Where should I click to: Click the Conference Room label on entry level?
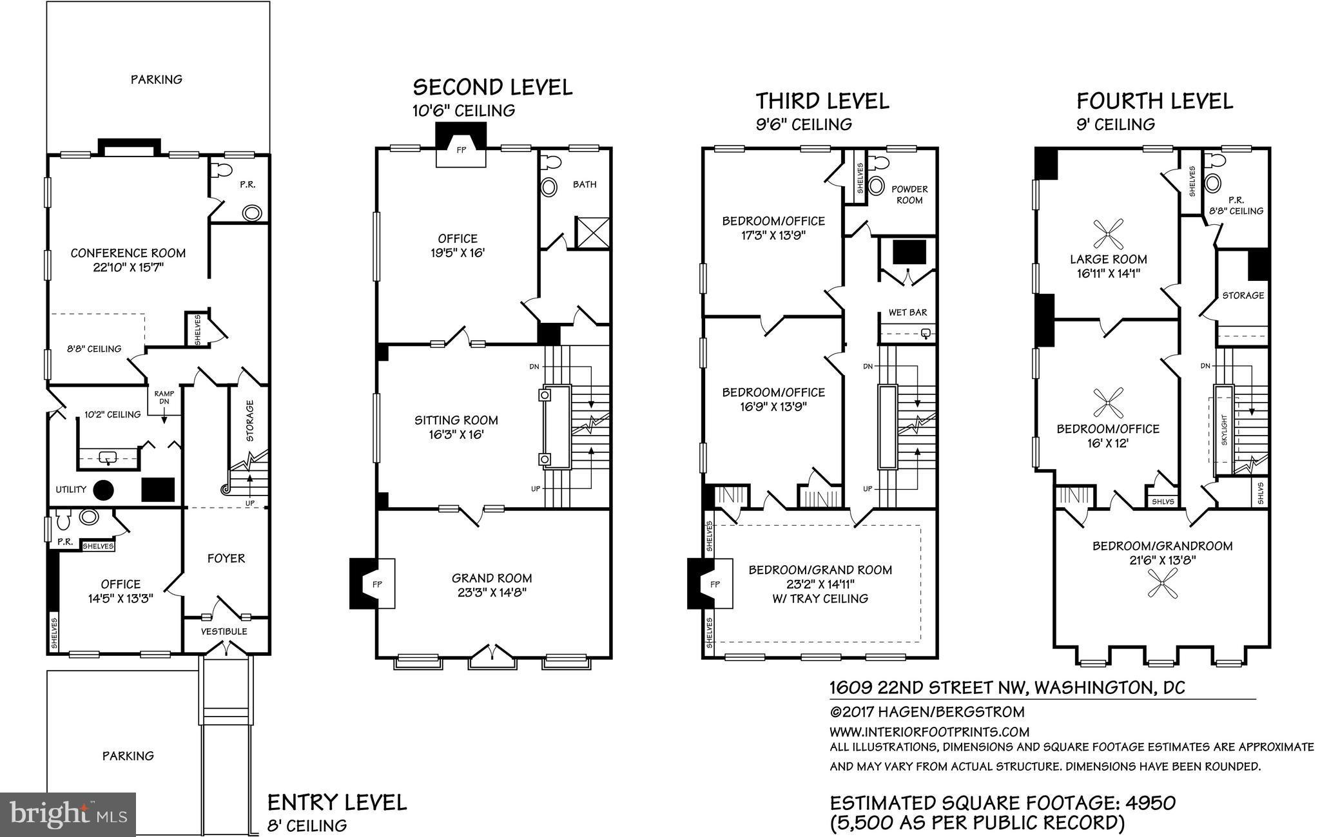[128, 253]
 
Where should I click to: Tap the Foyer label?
[226, 558]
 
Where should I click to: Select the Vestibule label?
[224, 631]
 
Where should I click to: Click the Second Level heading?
[492, 87]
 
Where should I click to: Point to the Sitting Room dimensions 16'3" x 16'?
[456, 435]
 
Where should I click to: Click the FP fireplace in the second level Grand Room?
[377, 584]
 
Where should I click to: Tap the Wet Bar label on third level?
[907, 313]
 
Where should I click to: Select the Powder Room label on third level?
[909, 195]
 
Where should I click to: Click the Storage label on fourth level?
[1243, 295]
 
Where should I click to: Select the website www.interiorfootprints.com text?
[929, 732]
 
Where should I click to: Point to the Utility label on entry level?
[71, 489]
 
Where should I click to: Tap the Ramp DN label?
[164, 398]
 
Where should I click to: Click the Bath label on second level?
[585, 184]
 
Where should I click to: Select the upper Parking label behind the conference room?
[157, 79]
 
